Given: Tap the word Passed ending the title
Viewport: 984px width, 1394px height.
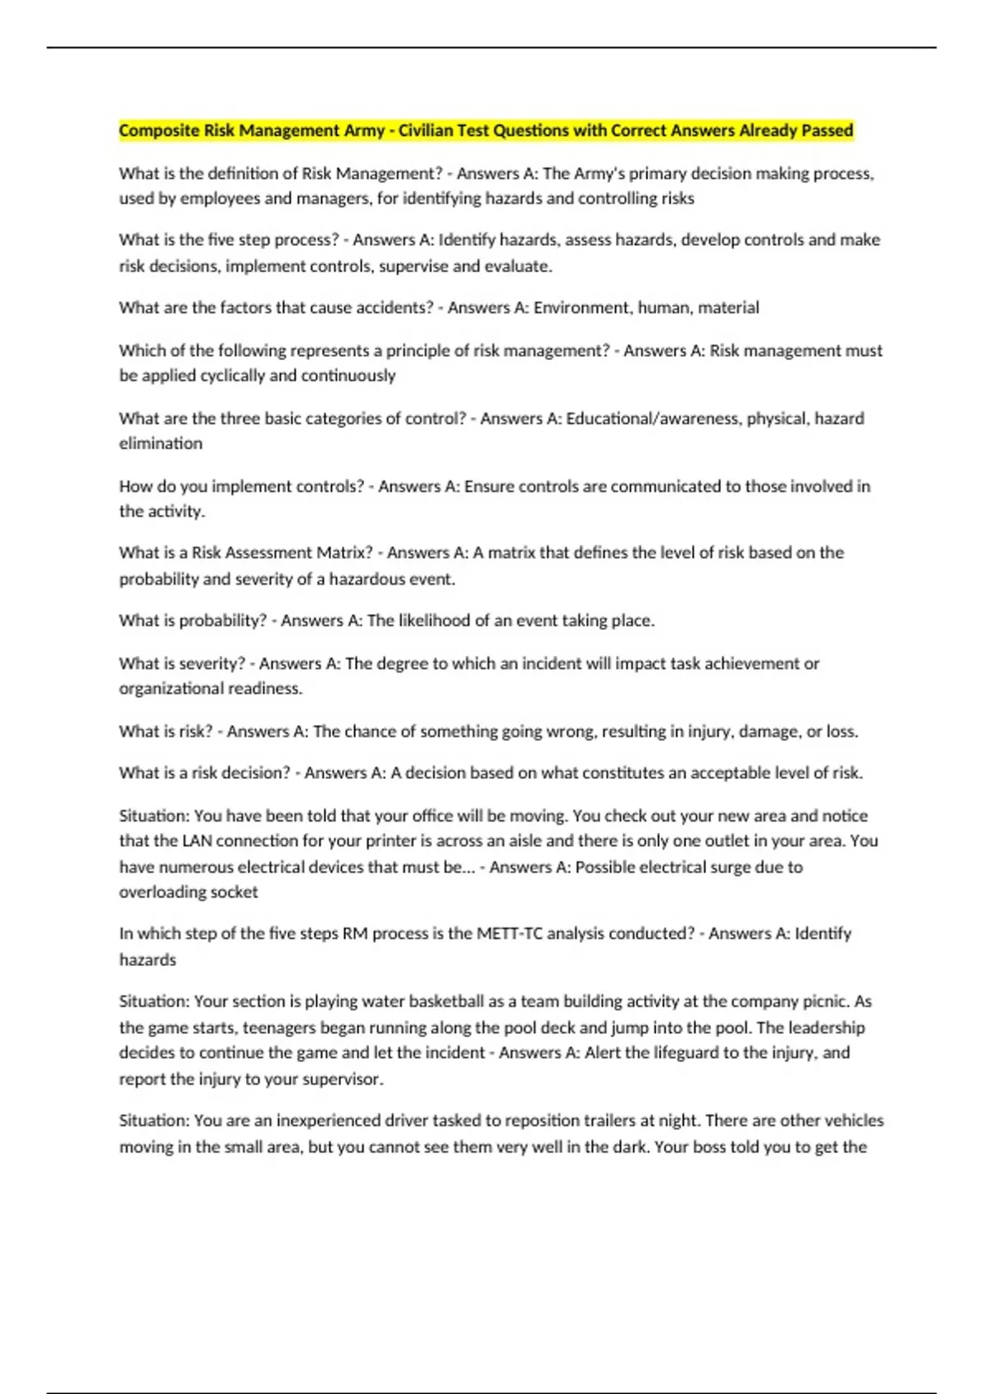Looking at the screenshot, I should [x=826, y=130].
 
